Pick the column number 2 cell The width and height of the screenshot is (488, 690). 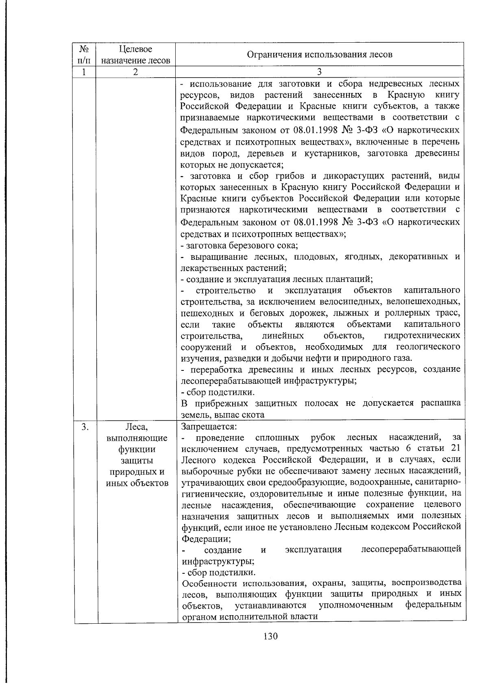135,72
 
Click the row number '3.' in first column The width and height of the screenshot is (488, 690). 84,427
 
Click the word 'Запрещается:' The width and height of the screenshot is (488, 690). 209,427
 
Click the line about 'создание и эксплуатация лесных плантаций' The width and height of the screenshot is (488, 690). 277,279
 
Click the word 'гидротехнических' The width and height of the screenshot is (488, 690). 422,336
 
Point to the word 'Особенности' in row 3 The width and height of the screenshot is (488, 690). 207,583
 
